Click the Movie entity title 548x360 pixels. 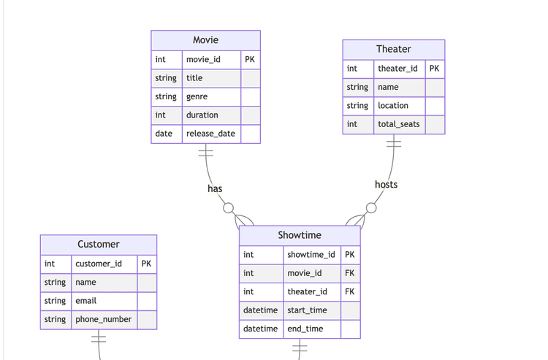pyautogui.click(x=205, y=40)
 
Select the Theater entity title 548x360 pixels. pyautogui.click(x=393, y=49)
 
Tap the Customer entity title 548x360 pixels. pyautogui.click(x=98, y=244)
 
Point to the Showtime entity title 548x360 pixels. pyautogui.click(x=299, y=235)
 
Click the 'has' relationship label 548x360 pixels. pyautogui.click(x=215, y=188)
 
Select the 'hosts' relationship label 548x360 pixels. pyautogui.click(x=386, y=185)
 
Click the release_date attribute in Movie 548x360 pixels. pyautogui.click(x=210, y=134)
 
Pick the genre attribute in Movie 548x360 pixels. pyautogui.click(x=197, y=96)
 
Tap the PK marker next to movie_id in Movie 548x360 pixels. pyautogui.click(x=250, y=59)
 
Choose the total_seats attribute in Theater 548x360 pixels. pyautogui.click(x=398, y=124)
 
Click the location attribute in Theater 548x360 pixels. pyautogui.click(x=392, y=105)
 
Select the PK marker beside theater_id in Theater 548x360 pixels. pyautogui.click(x=434, y=69)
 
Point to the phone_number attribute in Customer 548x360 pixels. pyautogui.click(x=103, y=319)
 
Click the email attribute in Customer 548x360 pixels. pyautogui.click(x=85, y=301)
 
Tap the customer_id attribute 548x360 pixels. pyautogui.click(x=99, y=264)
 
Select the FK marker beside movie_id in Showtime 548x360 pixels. pyautogui.click(x=349, y=273)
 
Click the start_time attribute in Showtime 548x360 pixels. pyautogui.click(x=307, y=310)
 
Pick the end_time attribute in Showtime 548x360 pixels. pyautogui.click(x=305, y=329)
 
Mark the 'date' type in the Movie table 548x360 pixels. pyautogui.click(x=164, y=134)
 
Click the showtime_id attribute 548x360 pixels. pyautogui.click(x=311, y=255)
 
